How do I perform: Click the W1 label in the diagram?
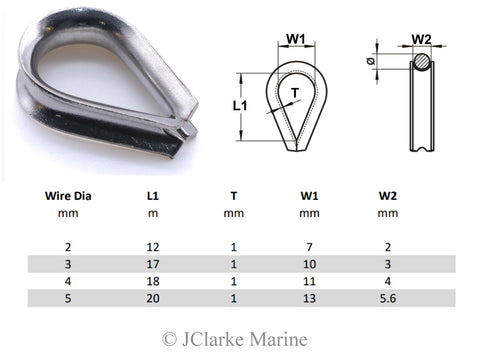point(296,39)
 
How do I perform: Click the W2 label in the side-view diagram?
point(421,40)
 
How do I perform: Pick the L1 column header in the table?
point(152,196)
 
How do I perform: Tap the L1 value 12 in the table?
point(152,246)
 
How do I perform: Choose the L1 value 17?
point(152,263)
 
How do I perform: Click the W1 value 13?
point(309,297)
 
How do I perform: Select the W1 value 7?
point(309,246)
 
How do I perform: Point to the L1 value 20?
point(152,297)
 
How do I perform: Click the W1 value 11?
point(309,280)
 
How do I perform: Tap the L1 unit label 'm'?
point(152,213)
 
